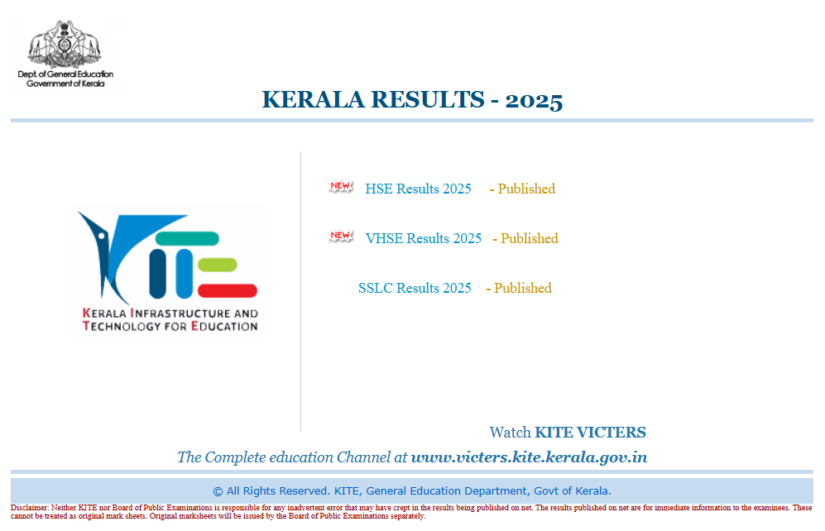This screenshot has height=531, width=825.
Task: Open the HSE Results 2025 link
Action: coord(418,189)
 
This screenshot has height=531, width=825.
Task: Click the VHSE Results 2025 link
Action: coord(423,238)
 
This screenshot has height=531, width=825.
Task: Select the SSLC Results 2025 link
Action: coord(415,288)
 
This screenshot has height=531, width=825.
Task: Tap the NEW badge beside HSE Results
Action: coord(341,186)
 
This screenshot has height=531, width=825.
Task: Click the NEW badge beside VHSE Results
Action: coord(341,236)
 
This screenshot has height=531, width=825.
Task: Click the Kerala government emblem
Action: coord(65,44)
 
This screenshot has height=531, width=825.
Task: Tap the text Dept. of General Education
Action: coord(65,74)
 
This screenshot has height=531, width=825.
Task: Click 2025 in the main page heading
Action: coord(534,100)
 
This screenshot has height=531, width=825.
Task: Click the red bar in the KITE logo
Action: coord(228,291)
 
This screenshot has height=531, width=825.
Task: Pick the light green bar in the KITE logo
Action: coord(218,265)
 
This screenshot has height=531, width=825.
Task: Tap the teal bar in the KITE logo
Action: coord(187,238)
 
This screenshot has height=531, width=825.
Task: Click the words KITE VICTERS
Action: coord(590,432)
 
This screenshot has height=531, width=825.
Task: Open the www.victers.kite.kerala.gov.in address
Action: coord(529,457)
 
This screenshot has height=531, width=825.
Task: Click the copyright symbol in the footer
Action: coord(218,491)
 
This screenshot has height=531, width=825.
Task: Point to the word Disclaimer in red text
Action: coord(30,508)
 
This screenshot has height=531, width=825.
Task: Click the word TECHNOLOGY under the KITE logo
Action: coord(121,327)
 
